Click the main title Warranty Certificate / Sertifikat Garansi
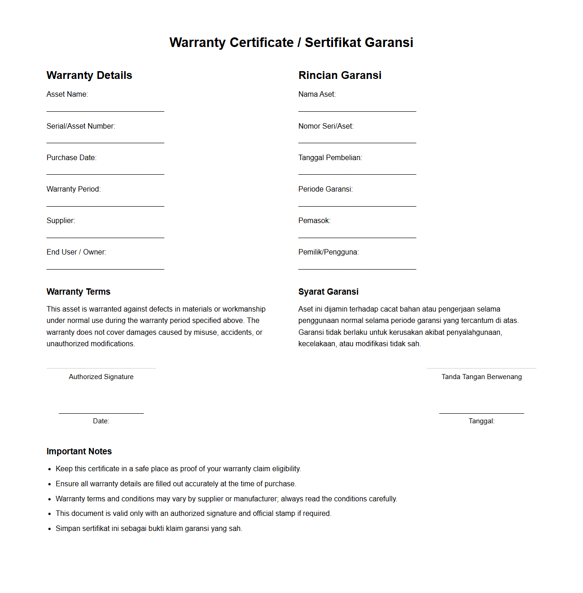pos(291,42)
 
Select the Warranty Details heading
pos(89,75)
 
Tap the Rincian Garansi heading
pos(340,75)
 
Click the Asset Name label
pos(67,94)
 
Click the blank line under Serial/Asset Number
pos(105,143)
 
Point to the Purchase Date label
pos(72,158)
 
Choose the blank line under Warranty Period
pos(105,206)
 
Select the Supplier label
pos(61,221)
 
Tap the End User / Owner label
pos(76,252)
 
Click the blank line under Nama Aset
pos(357,111)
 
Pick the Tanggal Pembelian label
pos(330,158)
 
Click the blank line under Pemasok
pos(357,238)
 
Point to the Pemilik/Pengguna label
pos(328,252)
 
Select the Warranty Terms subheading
pos(78,292)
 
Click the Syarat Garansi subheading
pos(328,292)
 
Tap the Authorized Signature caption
pos(101,377)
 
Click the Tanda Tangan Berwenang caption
pos(482,377)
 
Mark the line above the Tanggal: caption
pos(482,413)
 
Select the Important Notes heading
pos(79,452)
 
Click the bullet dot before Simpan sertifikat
pos(50,529)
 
